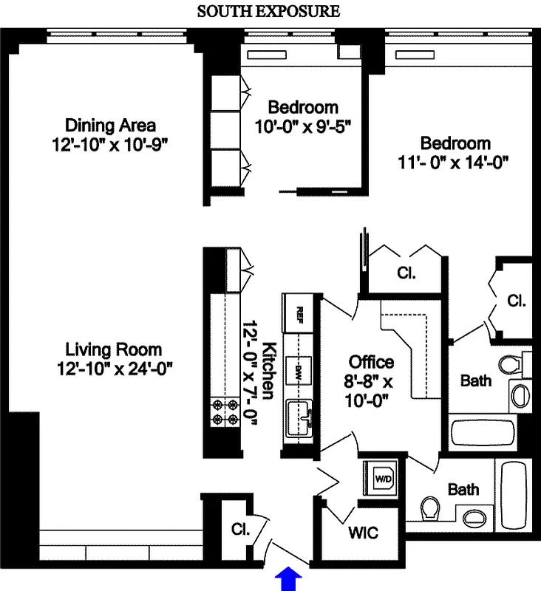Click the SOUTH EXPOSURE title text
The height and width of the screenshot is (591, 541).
[268, 12]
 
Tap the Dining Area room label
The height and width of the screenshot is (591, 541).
[110, 124]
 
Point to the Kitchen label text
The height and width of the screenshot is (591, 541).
[270, 369]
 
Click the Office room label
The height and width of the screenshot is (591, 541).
[371, 362]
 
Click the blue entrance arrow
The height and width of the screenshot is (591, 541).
[289, 579]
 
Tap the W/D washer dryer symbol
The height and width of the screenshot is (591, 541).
[384, 477]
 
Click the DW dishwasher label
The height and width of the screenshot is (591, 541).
[300, 368]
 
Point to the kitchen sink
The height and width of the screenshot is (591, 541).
[302, 417]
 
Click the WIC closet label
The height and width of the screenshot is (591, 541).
[361, 532]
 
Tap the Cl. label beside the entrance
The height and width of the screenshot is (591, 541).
[238, 529]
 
